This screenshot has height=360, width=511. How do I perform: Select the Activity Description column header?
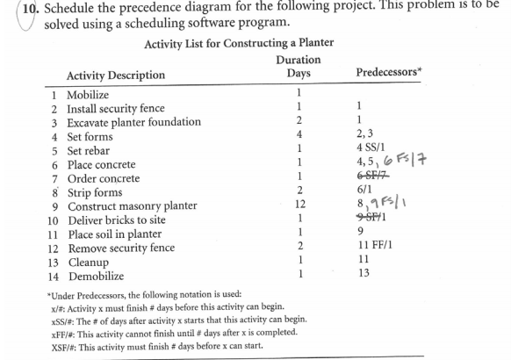(x=115, y=75)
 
